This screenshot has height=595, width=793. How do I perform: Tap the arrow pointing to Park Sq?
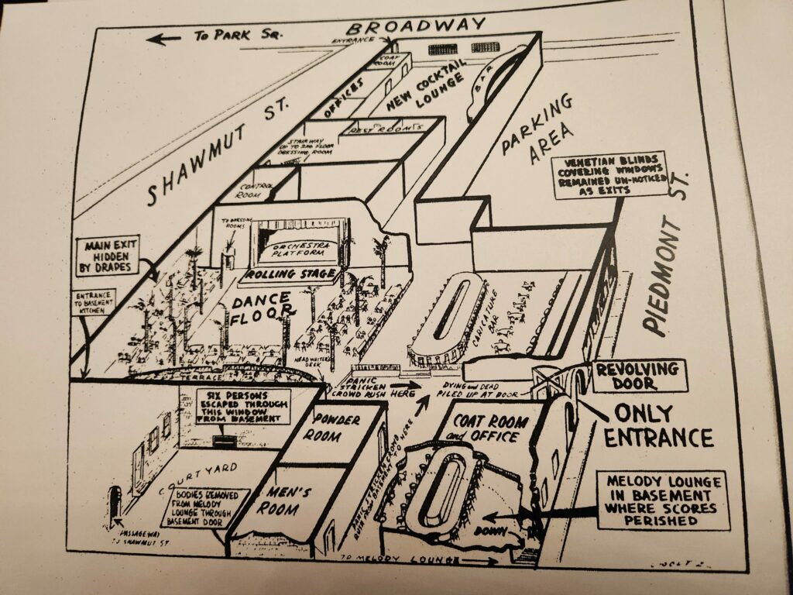163,38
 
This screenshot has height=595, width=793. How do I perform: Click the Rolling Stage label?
290,274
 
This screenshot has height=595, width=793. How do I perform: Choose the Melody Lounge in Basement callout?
664,499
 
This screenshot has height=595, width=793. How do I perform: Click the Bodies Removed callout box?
205,507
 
